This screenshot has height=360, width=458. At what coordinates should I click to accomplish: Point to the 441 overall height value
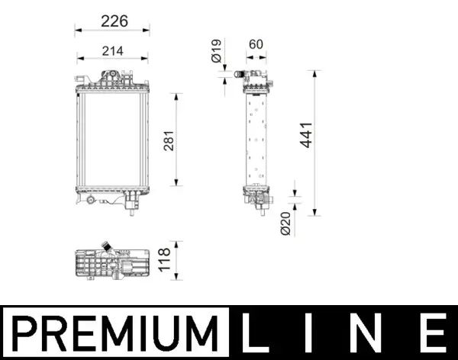tap(305, 136)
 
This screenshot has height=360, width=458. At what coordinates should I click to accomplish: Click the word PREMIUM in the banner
tap(114, 333)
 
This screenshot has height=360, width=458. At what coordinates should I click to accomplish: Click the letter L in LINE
tap(257, 333)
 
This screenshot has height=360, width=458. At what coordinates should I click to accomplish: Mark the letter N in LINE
tap(374, 333)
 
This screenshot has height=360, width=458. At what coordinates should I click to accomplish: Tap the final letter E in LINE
tap(432, 333)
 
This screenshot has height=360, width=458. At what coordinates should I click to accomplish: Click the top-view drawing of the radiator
tap(112, 265)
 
